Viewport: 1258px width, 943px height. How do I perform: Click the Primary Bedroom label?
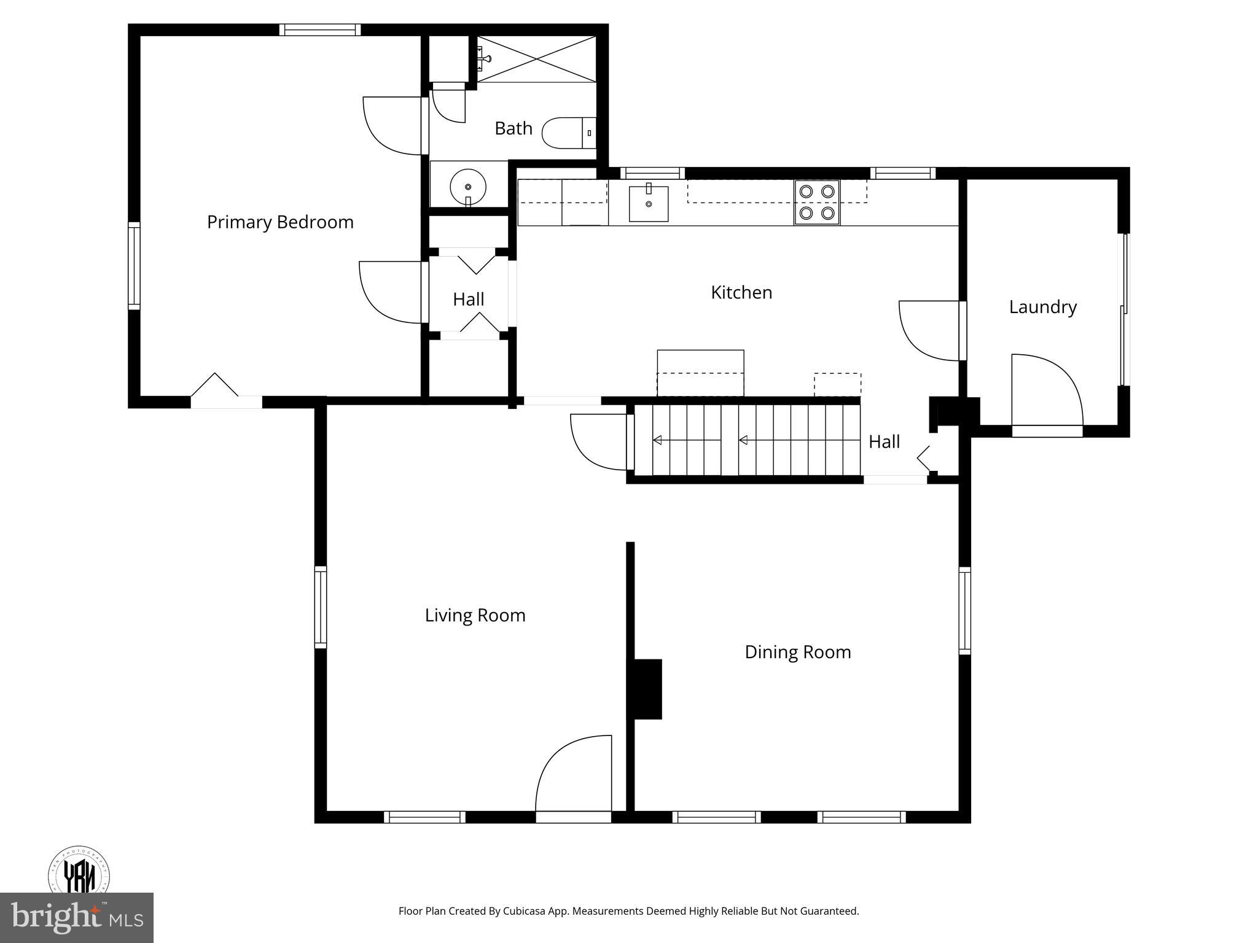pos(280,222)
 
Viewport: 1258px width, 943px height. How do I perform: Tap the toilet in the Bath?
pos(568,133)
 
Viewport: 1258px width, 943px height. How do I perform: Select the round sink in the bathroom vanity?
pos(468,185)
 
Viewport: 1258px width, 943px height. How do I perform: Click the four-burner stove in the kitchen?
pos(816,202)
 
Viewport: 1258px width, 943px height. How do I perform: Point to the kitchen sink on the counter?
pos(648,204)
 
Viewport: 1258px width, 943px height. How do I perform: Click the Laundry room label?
pos(1042,307)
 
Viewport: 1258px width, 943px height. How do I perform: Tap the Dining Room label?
pos(797,652)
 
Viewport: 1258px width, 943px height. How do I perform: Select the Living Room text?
pos(475,615)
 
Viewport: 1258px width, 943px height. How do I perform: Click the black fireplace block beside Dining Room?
pos(646,689)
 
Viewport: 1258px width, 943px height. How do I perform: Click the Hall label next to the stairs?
pos(884,441)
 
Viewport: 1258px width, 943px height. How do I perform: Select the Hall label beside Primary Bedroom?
pos(468,300)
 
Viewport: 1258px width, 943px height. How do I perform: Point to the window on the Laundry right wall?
pos(1125,310)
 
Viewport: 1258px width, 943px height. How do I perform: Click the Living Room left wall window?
pos(321,607)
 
